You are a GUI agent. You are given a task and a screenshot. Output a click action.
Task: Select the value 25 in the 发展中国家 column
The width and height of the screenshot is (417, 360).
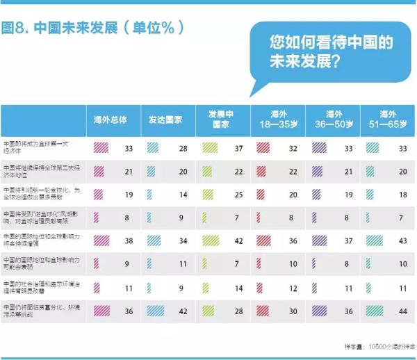pos(237,194)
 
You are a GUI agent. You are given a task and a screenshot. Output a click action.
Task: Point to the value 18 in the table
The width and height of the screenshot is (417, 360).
pos(401,194)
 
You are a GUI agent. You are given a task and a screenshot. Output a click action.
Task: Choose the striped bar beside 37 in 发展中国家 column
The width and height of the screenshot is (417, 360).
pos(211,148)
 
